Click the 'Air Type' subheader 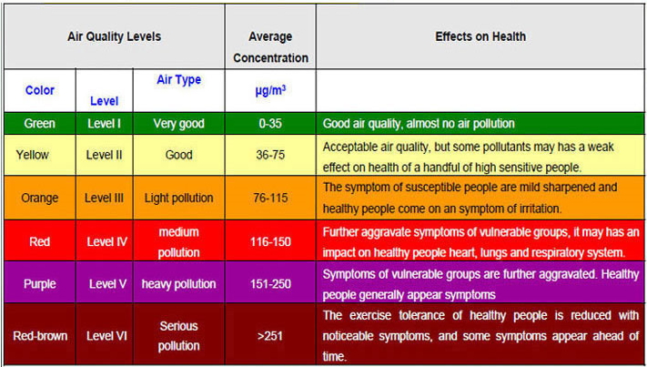pyautogui.click(x=178, y=80)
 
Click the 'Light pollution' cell pyautogui.click(x=178, y=198)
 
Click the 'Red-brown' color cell pyautogui.click(x=40, y=335)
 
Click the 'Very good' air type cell pyautogui.click(x=178, y=122)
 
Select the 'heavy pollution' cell pyautogui.click(x=178, y=284)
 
